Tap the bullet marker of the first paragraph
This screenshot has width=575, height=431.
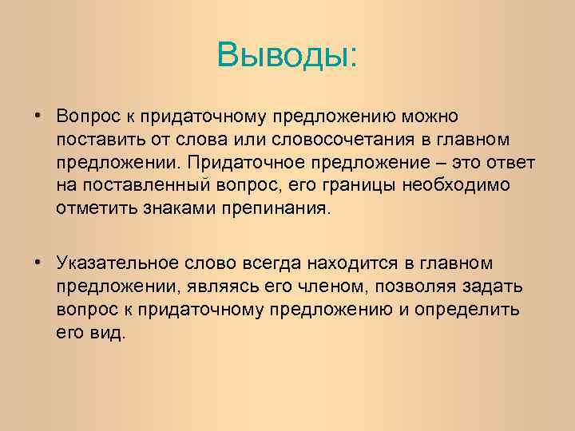(x=38, y=116)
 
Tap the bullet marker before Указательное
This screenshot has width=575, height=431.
(x=38, y=262)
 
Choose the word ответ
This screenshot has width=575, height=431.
(x=512, y=163)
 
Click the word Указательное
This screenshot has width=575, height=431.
(x=118, y=263)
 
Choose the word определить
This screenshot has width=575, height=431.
(x=474, y=309)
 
